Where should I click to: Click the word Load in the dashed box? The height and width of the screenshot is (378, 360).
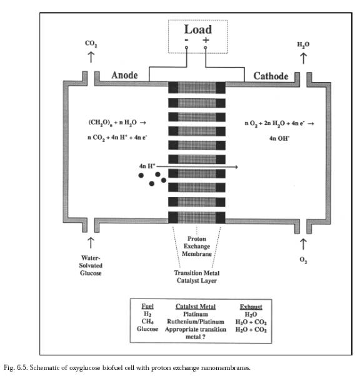coord(198,29)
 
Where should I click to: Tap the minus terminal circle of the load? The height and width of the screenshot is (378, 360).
coord(186,48)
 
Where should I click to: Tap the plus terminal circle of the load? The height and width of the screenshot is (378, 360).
coord(206,48)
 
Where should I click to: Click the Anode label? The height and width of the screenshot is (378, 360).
coord(124,75)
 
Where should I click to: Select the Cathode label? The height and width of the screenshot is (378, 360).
coord(271,76)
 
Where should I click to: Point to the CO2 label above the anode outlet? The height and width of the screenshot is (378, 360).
coord(91,44)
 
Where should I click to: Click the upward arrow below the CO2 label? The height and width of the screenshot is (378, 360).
coord(91,57)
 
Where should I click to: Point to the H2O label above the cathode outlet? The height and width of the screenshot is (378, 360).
coord(303,44)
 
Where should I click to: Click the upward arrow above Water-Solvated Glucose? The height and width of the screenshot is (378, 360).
coord(91,243)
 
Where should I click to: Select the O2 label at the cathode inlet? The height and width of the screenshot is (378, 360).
coord(303,260)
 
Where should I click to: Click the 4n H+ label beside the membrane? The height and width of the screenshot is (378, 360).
coord(147,166)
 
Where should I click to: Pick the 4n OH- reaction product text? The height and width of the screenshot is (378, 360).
coord(279,138)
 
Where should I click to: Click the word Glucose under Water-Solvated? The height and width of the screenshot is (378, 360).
coord(91,273)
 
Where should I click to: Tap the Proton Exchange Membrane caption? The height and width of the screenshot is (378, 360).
coord(197,247)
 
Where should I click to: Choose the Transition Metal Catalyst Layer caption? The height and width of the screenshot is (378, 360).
coord(197,277)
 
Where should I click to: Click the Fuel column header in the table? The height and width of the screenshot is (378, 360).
coord(147,307)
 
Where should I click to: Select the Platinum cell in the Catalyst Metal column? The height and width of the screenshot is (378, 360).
coord(196,314)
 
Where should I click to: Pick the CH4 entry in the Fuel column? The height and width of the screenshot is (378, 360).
coord(147,322)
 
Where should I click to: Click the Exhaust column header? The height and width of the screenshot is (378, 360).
coord(251,307)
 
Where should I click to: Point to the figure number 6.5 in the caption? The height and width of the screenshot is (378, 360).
coord(21,368)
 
